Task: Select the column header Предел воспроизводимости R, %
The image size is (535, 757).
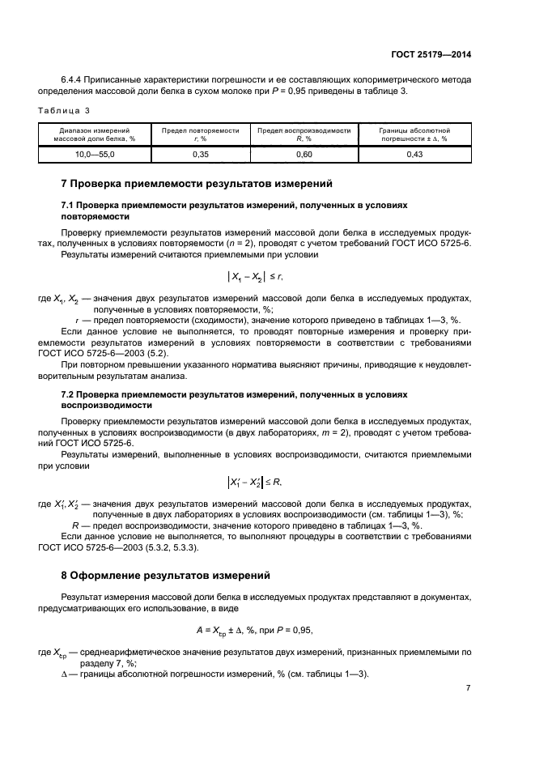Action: tap(304, 134)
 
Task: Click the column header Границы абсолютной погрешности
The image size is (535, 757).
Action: tap(414, 134)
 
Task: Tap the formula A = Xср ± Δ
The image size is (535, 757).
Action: tap(265, 629)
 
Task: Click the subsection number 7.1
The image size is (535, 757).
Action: tap(68, 206)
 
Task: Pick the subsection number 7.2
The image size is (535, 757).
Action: tap(68, 393)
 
